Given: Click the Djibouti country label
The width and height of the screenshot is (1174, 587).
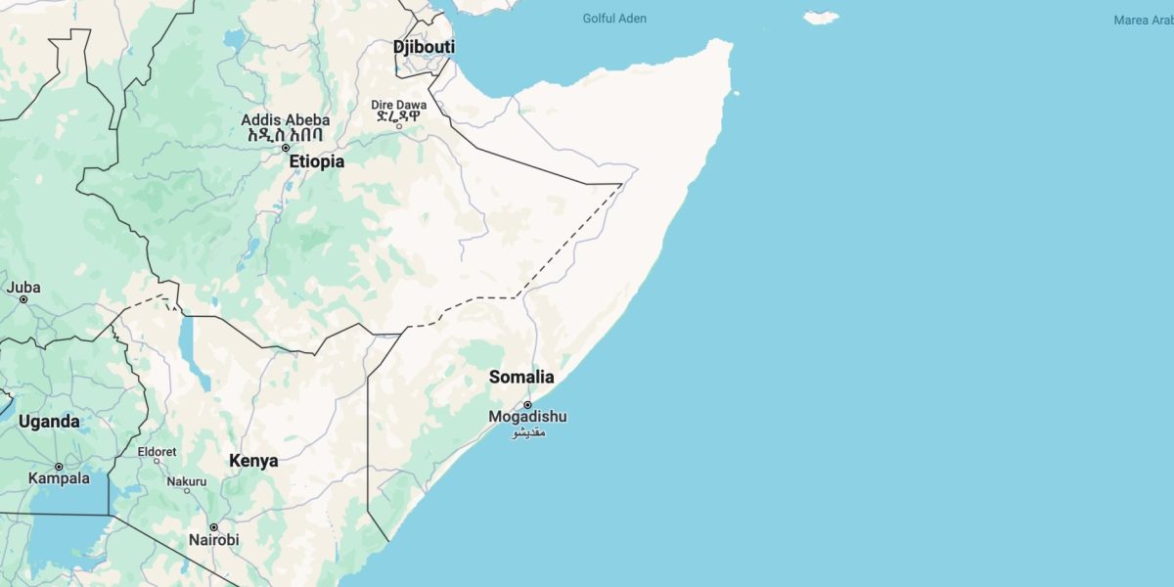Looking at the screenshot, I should (x=424, y=47).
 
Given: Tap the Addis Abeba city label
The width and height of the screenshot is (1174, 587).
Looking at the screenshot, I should (x=286, y=120).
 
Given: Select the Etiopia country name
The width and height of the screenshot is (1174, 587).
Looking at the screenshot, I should (x=316, y=161).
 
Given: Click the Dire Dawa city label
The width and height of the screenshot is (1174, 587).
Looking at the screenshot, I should (x=398, y=105).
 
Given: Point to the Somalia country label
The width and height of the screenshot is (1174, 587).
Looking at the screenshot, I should (x=521, y=377).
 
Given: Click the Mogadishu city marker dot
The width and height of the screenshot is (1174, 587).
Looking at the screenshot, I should (x=527, y=404).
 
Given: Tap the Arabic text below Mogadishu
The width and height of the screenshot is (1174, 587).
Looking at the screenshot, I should (x=528, y=432).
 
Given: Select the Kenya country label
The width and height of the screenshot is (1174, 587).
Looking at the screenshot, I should (x=253, y=460).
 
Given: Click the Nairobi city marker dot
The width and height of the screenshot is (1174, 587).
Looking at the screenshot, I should (x=213, y=526).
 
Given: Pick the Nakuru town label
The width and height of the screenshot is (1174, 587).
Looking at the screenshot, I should (x=187, y=481).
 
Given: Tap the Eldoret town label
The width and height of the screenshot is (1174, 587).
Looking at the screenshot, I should (x=158, y=452).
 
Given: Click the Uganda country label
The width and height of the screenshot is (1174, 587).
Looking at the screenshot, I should (x=48, y=422).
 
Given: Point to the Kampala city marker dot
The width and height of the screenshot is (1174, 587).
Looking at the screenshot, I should (x=59, y=467).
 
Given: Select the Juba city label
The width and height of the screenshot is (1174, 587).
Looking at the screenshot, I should (x=23, y=287).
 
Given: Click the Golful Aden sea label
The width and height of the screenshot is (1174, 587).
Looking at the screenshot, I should (x=614, y=19).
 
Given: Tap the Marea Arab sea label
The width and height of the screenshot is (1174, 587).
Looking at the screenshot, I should (x=1143, y=20).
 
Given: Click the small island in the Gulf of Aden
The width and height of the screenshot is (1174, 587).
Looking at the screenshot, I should (x=822, y=17).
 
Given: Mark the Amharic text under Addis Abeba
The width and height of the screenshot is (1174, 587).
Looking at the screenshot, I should (x=286, y=136).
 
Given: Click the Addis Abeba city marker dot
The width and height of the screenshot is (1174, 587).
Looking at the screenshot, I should (x=286, y=148).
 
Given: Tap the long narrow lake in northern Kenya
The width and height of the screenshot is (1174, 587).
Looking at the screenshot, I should (x=186, y=338).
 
